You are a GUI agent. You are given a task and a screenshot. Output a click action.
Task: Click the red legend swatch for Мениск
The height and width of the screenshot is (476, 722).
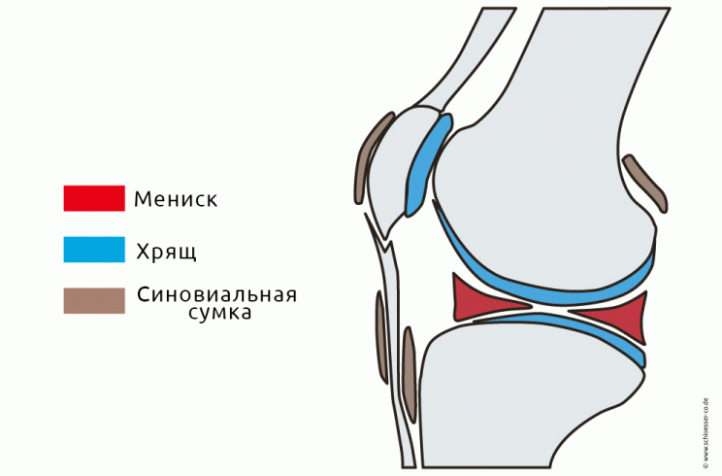(x=94, y=198)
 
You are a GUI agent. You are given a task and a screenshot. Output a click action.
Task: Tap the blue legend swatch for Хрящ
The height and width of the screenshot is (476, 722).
(x=94, y=250)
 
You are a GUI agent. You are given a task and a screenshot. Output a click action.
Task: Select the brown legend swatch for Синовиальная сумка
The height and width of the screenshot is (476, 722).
(x=94, y=301)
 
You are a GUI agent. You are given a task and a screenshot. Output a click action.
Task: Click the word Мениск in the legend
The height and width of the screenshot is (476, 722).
(x=176, y=199)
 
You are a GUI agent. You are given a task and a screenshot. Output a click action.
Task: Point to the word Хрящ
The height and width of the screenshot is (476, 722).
(x=166, y=252)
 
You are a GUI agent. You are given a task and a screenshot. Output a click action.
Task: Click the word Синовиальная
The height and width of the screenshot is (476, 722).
(x=216, y=294)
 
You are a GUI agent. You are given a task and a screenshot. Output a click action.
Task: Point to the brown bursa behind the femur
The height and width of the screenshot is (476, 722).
(x=644, y=183)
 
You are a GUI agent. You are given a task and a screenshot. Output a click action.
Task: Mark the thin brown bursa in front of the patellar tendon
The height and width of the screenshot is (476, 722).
(x=381, y=337)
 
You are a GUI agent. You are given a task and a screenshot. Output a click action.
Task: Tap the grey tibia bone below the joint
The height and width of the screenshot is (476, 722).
(x=507, y=396)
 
